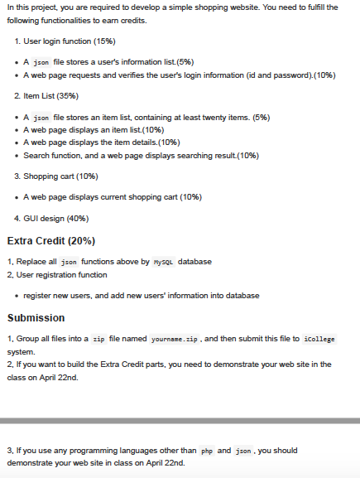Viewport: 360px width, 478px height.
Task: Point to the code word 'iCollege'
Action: click(x=320, y=340)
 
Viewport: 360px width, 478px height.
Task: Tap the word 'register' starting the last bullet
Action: click(x=41, y=296)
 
